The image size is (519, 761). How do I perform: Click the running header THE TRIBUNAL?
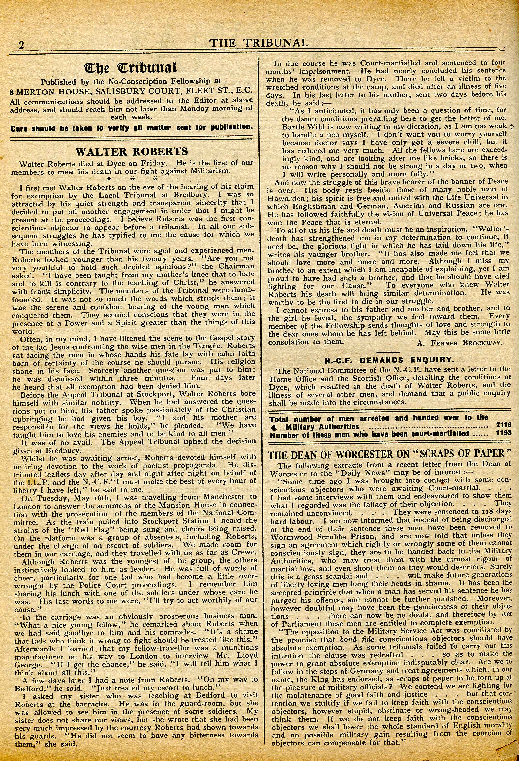[259, 43]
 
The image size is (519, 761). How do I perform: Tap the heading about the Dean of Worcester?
[389, 454]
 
